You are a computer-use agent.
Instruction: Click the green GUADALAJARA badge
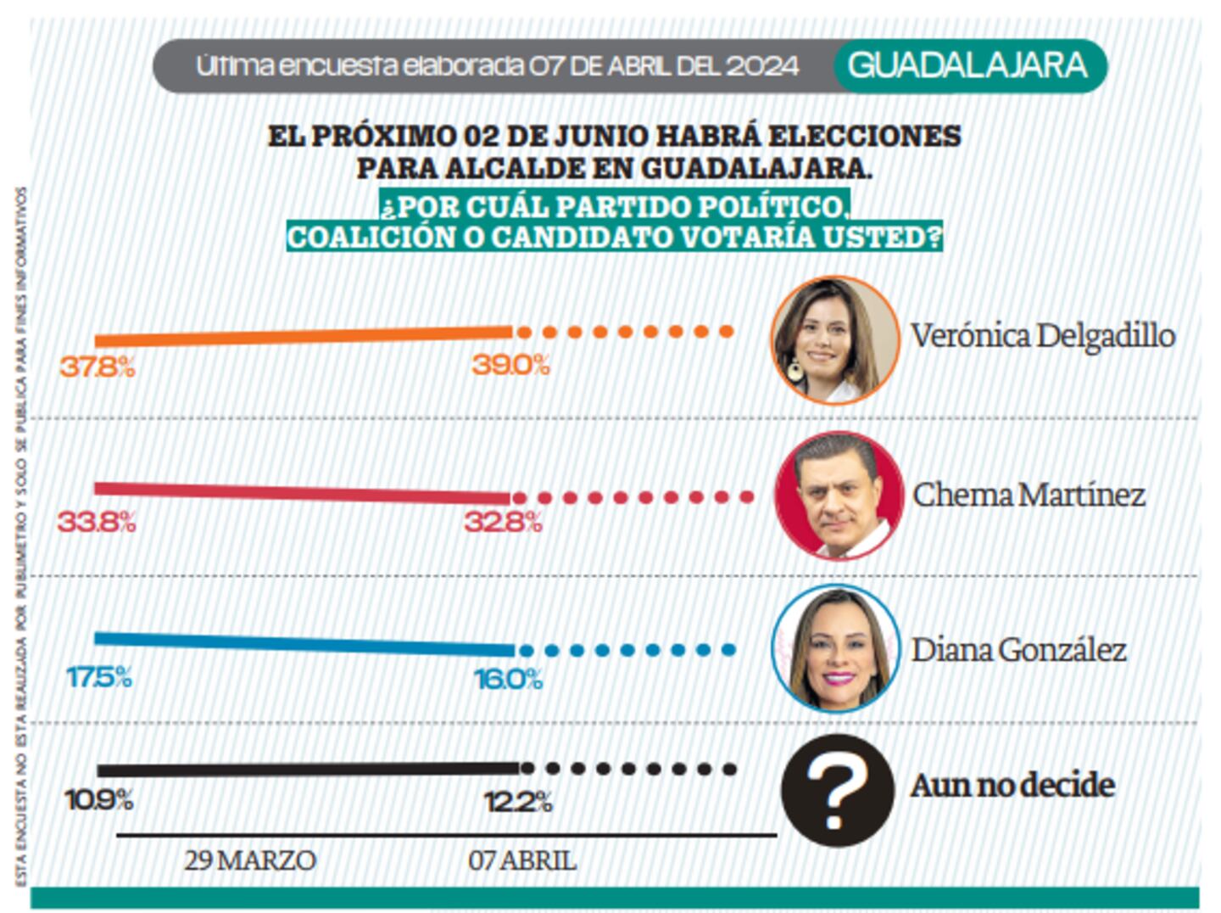[x=968, y=65]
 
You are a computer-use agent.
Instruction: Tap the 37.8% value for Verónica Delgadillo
[x=97, y=367]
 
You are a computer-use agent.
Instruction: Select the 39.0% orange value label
[x=510, y=365]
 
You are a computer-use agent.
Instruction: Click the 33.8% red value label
[x=96, y=521]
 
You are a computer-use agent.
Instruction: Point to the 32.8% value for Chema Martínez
[x=503, y=521]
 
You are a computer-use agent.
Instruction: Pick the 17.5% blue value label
[x=99, y=677]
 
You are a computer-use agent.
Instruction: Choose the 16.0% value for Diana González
[x=508, y=679]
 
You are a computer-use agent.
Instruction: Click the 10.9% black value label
[x=99, y=799]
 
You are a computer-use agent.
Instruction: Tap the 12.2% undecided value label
[x=517, y=802]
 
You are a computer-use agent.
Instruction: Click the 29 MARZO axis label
[x=250, y=860]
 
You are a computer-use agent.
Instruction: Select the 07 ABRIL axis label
[x=522, y=860]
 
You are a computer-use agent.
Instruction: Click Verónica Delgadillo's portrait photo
[x=834, y=339]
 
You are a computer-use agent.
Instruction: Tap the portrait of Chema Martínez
[x=839, y=496]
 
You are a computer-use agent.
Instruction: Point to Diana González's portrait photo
[x=835, y=648]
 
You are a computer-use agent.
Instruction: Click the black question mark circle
[x=837, y=789]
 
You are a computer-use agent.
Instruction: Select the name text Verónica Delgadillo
[x=1042, y=336]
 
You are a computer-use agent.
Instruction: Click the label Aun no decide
[x=1012, y=785]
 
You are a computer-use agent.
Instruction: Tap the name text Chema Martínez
[x=1029, y=495]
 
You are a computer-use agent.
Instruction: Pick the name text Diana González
[x=1018, y=650]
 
